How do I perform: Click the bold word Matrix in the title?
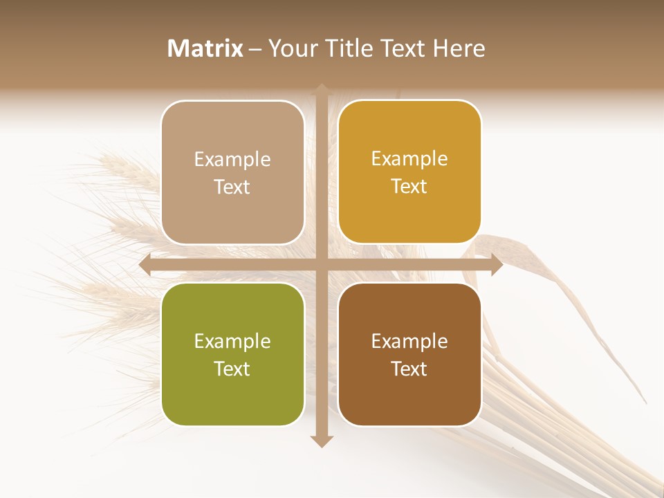(x=205, y=48)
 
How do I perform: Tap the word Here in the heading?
(x=459, y=48)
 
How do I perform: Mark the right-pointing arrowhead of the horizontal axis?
(x=496, y=265)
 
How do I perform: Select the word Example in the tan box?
(x=232, y=160)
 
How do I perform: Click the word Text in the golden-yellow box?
(x=409, y=187)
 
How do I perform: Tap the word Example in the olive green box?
(x=232, y=342)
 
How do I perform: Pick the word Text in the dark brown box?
(x=409, y=369)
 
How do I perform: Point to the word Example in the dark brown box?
(x=409, y=341)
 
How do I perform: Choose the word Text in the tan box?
(x=232, y=187)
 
